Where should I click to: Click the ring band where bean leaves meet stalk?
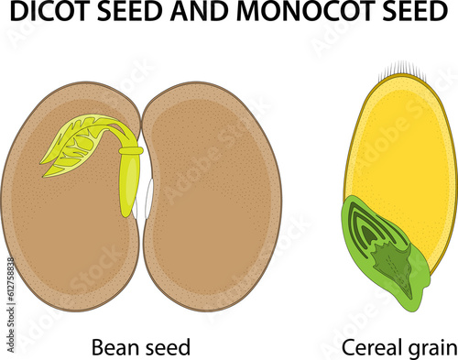(131, 149)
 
